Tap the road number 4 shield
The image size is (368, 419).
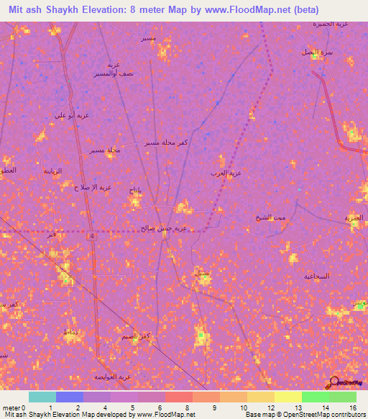pos(93,236)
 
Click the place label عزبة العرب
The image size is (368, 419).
pos(225,174)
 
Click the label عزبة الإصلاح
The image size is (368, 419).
pos(93,187)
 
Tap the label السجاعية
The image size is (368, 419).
pos(316,276)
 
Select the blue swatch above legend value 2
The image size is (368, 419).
pos(70,397)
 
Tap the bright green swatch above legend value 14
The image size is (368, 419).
pos(316,397)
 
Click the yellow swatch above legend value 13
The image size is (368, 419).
pos(287,397)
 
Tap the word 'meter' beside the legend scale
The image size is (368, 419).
pos(12,407)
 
